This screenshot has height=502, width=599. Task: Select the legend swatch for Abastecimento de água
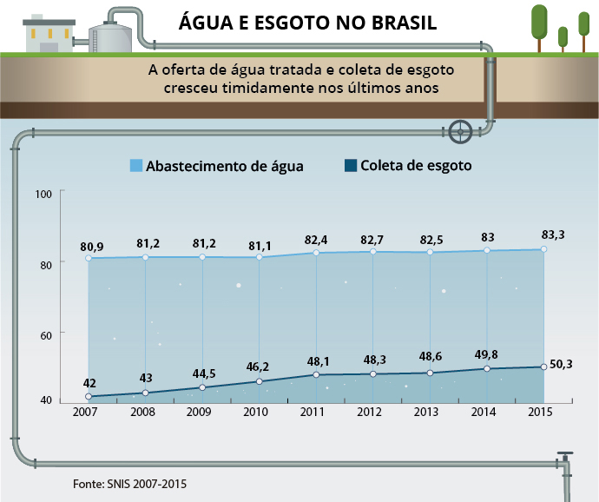135,165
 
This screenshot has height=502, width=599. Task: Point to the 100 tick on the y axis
44,193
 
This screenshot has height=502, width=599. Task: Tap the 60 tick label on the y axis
44,334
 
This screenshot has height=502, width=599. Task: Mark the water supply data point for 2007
89,258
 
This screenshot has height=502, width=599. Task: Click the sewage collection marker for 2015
543,367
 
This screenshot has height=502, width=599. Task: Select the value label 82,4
316,237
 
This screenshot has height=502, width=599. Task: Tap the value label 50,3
563,365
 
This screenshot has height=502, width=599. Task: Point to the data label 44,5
202,373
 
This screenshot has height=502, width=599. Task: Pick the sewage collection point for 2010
260,381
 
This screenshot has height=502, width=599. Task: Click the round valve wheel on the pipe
462,132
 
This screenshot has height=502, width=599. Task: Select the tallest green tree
539,24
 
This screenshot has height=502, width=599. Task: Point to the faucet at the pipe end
565,461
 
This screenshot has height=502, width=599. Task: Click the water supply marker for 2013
430,252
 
